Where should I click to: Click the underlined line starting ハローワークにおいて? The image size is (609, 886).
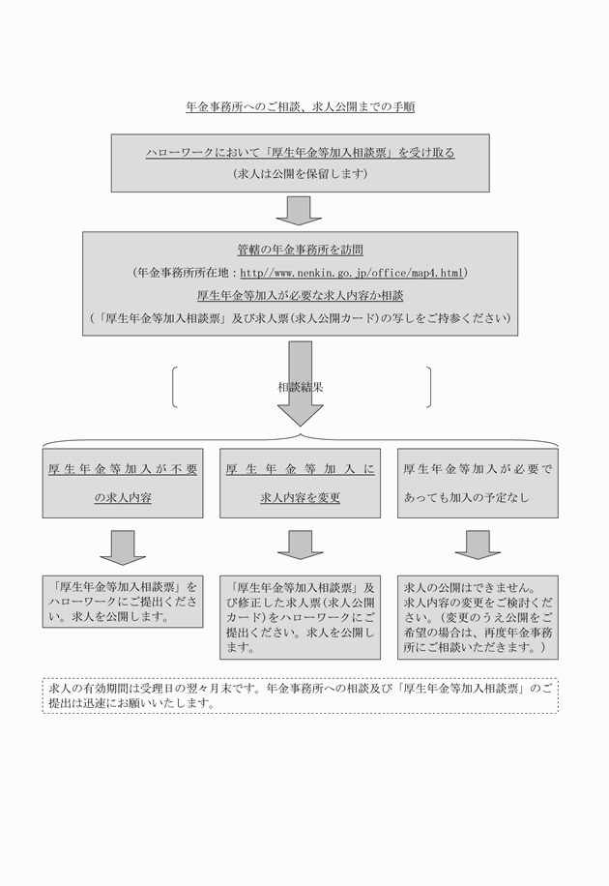coord(300,152)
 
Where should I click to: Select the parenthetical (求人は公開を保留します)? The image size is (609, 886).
coord(300,174)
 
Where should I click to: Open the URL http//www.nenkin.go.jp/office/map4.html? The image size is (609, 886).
coord(352,273)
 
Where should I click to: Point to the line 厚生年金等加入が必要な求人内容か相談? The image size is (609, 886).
coord(300,295)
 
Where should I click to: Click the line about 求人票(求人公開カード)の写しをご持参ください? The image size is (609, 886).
coord(300,317)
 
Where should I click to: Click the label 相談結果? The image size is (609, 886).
coord(300,386)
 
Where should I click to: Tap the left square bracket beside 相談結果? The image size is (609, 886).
coord(175,386)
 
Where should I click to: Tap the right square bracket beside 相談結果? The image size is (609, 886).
coord(428,386)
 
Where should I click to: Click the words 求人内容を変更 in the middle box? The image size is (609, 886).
coord(300,499)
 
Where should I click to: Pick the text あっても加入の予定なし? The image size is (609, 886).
coord(466,499)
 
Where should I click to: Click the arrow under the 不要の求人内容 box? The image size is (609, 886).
coord(123,546)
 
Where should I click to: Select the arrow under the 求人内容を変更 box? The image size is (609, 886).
coord(300,546)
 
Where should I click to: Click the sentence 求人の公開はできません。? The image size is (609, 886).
coord(453,587)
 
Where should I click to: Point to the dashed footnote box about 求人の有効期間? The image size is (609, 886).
coord(300,695)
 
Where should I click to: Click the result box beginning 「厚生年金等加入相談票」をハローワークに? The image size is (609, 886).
coord(123,601)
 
